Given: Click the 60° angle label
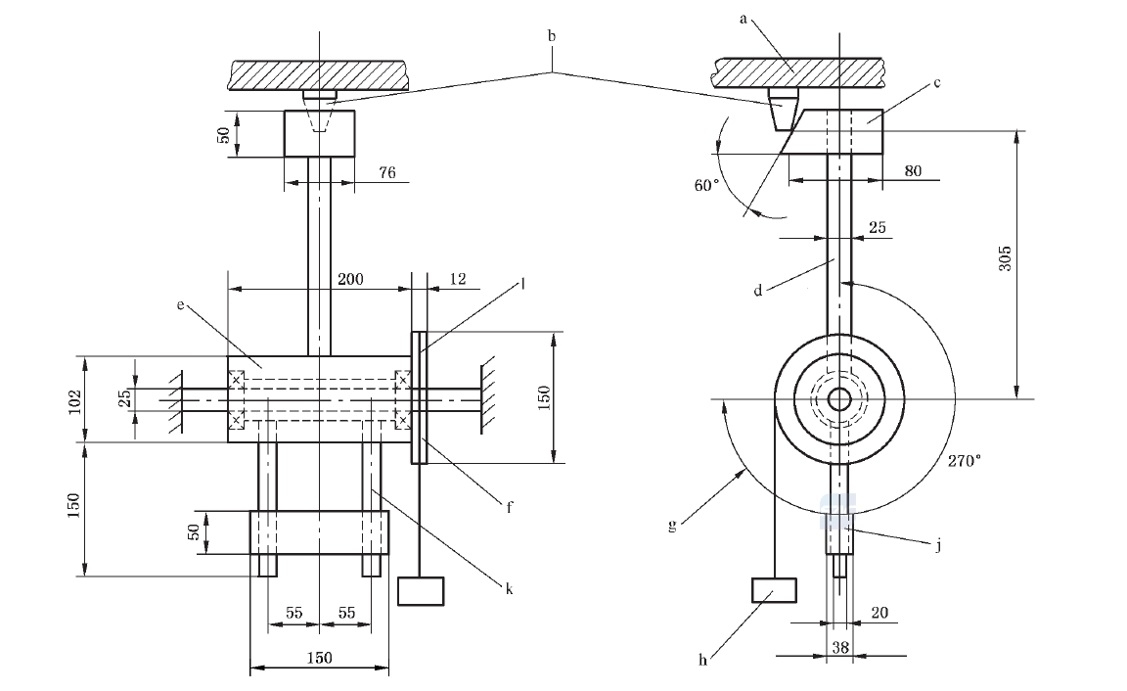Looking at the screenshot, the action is [706, 186].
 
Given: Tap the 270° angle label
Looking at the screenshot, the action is [964, 461].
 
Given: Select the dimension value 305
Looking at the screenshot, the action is [1006, 258].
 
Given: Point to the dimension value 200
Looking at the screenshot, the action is [351, 279].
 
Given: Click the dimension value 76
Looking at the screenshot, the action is [386, 172].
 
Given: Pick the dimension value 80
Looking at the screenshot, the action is [913, 171].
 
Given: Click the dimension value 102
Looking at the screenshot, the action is [74, 402].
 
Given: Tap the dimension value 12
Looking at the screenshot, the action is [457, 279].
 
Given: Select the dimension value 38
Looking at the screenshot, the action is [840, 647].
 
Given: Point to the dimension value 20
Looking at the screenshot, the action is [879, 613].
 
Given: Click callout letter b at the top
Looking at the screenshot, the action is [552, 36].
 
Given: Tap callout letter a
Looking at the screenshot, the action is [744, 19].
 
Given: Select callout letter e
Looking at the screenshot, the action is [180, 304].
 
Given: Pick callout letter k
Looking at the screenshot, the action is [509, 589].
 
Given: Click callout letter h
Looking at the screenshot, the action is [703, 660].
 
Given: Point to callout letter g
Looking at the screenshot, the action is [672, 525].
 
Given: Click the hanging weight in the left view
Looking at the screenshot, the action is [421, 591].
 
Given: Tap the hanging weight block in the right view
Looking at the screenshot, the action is [774, 590].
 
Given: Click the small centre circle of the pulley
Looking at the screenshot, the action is [838, 398].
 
